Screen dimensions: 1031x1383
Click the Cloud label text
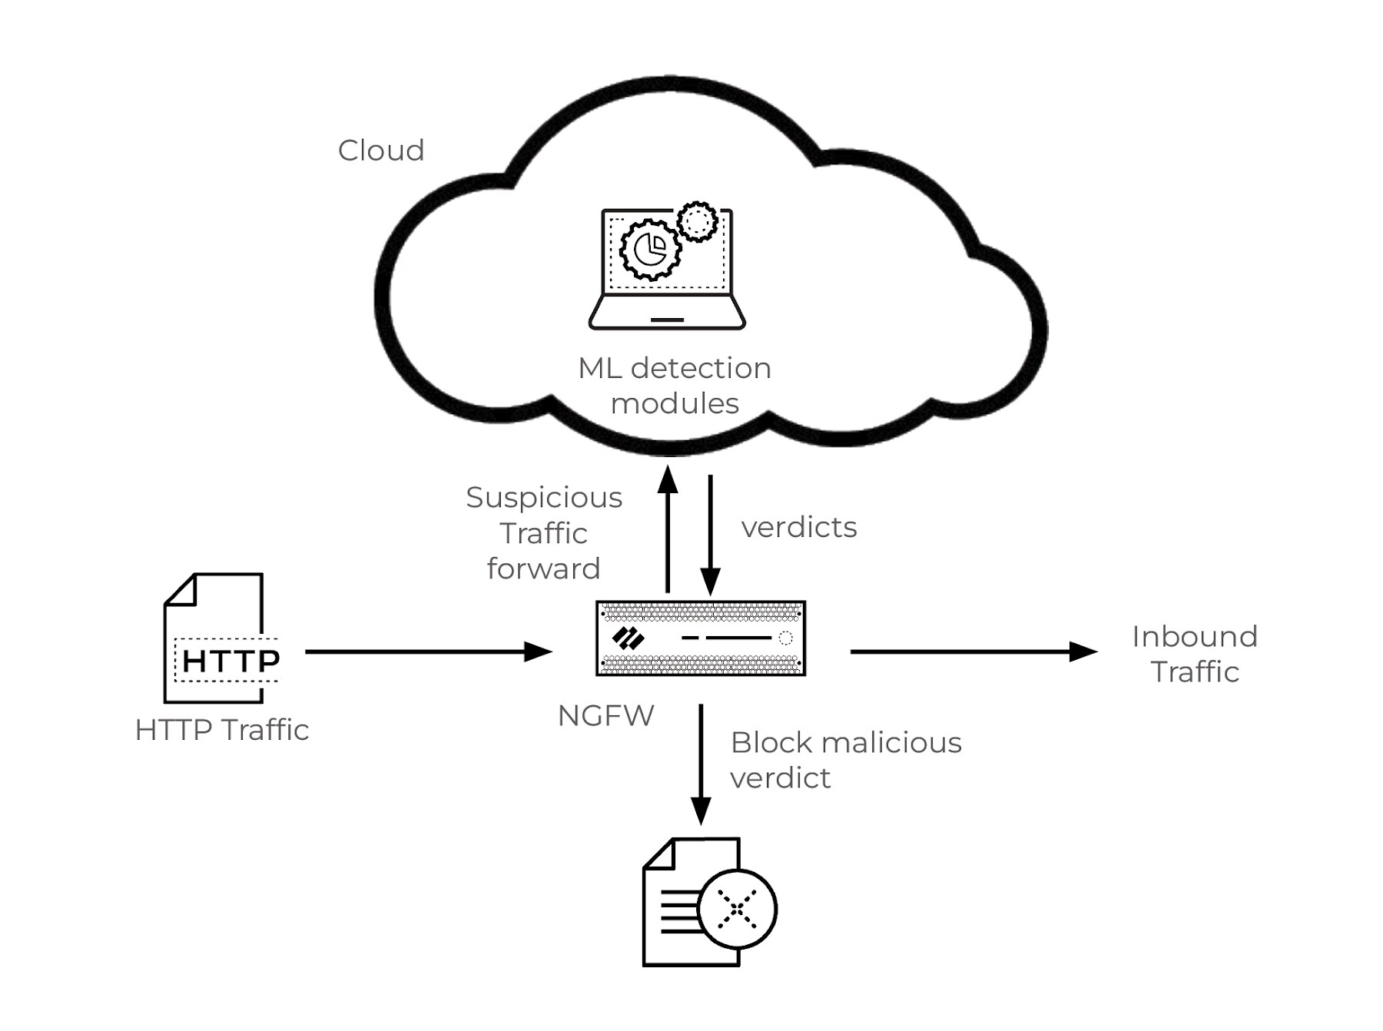(381, 151)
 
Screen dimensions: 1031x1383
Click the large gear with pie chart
(650, 249)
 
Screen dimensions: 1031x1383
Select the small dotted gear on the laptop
(698, 221)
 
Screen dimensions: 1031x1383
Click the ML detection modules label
(675, 386)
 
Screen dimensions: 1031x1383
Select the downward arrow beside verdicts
(711, 534)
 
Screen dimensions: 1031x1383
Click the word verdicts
(799, 528)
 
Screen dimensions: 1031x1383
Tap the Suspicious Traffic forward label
(544, 533)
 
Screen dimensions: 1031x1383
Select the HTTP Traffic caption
(222, 730)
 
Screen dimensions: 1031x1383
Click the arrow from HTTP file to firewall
(427, 651)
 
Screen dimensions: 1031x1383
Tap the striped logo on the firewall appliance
(628, 638)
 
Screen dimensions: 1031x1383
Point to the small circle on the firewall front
(785, 638)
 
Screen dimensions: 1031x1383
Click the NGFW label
(605, 716)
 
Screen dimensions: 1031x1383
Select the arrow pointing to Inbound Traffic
(973, 651)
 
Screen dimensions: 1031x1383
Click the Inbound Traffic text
(1195, 654)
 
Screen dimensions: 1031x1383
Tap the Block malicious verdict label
(845, 760)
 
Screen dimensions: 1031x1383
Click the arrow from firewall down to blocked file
(701, 764)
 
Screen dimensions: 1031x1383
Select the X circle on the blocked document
(738, 910)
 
